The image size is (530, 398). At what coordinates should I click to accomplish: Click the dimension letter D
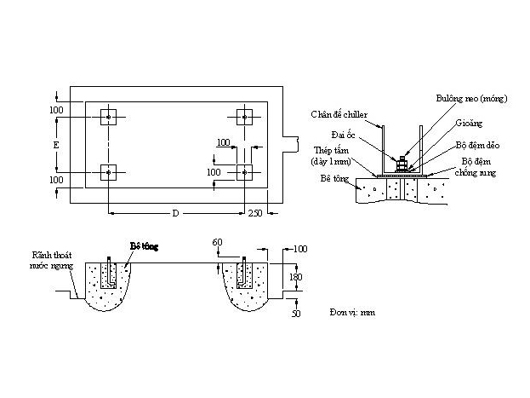tap(175, 212)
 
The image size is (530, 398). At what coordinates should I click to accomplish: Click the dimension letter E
tap(56, 146)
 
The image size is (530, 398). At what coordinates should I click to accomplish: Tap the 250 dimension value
tap(255, 213)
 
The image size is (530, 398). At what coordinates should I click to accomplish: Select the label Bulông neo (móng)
tap(471, 99)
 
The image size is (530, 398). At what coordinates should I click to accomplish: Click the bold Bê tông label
tap(144, 245)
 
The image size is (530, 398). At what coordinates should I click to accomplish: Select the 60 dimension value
tap(219, 243)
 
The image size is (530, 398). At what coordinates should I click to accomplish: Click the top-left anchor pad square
tap(109, 117)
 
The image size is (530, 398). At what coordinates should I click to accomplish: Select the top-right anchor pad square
tap(244, 117)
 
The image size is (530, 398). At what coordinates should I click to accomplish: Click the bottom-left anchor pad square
tap(109, 172)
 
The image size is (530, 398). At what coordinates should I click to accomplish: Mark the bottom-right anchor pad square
tap(244, 172)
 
